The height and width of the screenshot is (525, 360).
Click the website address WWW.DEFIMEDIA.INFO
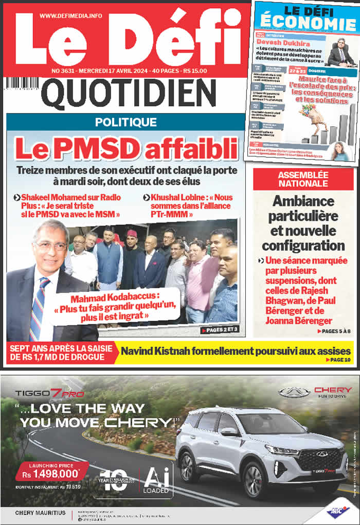tap(70, 16)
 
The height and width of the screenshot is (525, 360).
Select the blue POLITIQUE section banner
tap(125, 122)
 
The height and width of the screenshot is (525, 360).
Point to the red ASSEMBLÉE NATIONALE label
tap(303, 179)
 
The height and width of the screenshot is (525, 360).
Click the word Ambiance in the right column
tap(303, 201)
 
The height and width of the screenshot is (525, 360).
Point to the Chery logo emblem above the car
tap(294, 392)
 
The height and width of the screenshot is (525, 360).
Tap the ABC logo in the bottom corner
tap(337, 512)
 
